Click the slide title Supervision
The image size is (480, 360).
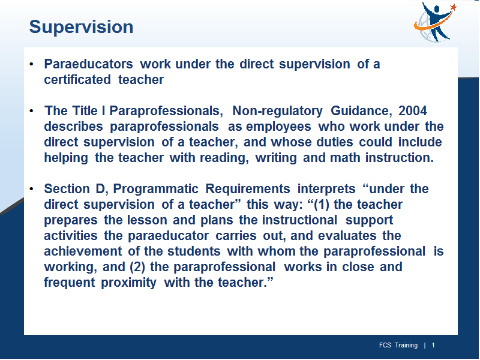click(x=81, y=27)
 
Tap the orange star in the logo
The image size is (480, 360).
click(x=454, y=7)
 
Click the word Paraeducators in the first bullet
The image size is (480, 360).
click(x=88, y=64)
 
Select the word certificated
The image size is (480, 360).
click(x=77, y=80)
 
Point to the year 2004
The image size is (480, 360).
click(x=413, y=110)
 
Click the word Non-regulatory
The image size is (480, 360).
click(x=277, y=110)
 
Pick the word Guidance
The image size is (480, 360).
click(x=361, y=110)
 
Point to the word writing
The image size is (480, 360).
click(x=276, y=158)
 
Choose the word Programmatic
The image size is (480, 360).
click(x=156, y=189)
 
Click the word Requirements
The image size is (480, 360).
click(x=248, y=189)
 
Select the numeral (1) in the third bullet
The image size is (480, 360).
click(x=322, y=205)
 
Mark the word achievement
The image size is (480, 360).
click(x=83, y=251)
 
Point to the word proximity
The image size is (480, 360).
click(x=128, y=283)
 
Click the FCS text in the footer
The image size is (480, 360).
click(x=385, y=346)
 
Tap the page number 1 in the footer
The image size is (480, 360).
click(x=433, y=346)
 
